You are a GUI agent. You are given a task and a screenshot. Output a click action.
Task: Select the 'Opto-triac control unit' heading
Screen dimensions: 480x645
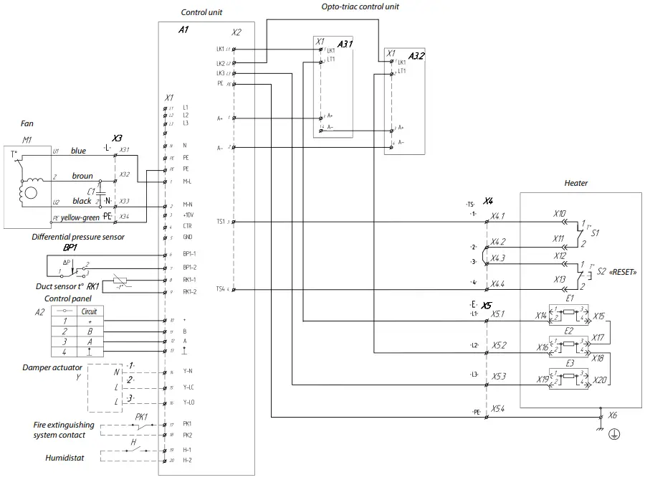(360, 6)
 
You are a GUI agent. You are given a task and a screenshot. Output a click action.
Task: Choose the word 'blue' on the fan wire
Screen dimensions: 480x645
(78, 151)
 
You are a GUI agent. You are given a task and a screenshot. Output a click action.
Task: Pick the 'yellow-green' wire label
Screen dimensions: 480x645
(80, 217)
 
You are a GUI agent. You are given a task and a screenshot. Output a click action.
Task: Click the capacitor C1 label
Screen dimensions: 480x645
(91, 192)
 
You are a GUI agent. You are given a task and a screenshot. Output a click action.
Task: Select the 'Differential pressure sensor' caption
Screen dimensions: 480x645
(78, 236)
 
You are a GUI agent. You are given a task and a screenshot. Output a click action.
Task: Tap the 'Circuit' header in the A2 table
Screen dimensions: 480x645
(90, 311)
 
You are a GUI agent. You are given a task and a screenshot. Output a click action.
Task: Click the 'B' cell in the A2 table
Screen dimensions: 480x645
(90, 332)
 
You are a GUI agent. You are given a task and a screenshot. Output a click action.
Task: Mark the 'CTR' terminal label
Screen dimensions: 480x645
(187, 226)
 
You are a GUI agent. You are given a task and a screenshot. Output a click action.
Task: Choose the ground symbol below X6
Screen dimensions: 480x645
(613, 434)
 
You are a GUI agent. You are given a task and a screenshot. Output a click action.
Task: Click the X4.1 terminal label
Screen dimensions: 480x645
(498, 215)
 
